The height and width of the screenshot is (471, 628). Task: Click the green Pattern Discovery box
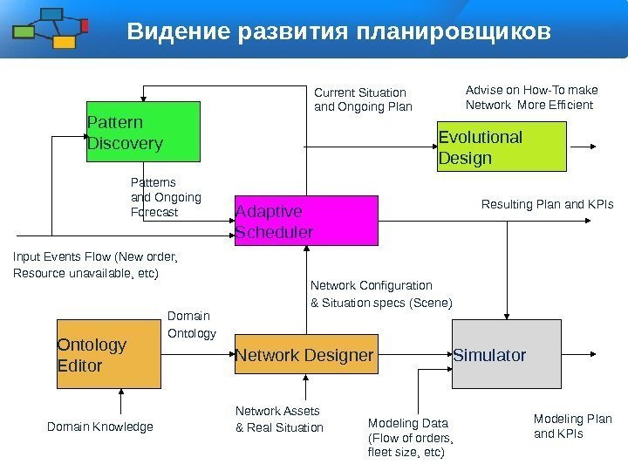coord(143,132)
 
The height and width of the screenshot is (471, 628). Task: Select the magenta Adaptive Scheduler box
coord(306,221)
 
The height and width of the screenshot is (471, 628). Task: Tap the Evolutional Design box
coord(502,147)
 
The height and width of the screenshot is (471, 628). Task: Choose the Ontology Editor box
coord(109,356)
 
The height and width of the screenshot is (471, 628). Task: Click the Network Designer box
coord(306,355)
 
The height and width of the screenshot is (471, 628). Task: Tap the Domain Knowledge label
coord(99,427)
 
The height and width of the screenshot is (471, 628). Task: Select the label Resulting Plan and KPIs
coord(548,205)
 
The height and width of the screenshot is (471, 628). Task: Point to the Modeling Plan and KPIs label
coord(572,426)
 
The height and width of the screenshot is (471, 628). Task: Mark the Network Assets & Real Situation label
coord(279,419)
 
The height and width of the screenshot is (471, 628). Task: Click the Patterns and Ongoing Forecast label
coord(165,197)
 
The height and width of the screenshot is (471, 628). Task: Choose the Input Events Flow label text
coord(95,265)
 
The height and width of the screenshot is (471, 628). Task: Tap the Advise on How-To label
coord(532,97)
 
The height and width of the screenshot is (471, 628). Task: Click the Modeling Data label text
coord(411,438)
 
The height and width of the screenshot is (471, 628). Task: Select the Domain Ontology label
coord(190,324)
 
